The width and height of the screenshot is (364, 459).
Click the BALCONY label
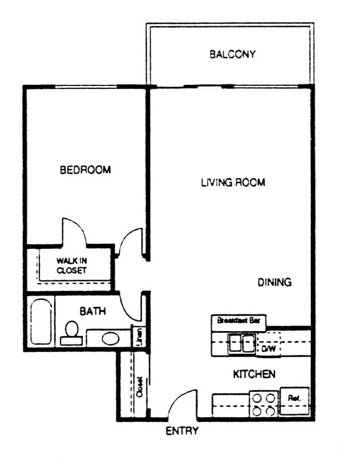pyautogui.click(x=232, y=54)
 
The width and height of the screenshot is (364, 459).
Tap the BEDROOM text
pyautogui.click(x=85, y=170)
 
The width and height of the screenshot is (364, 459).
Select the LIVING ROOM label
pyautogui.click(x=233, y=182)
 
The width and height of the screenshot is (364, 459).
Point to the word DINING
pyautogui.click(x=274, y=282)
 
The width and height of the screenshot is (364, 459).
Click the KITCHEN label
pyautogui.click(x=254, y=374)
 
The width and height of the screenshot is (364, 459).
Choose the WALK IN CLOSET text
pyautogui.click(x=72, y=265)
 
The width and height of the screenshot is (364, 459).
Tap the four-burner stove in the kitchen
pyautogui.click(x=263, y=403)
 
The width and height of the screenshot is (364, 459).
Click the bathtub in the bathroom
pyautogui.click(x=41, y=322)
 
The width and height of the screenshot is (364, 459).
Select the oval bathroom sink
pyautogui.click(x=110, y=338)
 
